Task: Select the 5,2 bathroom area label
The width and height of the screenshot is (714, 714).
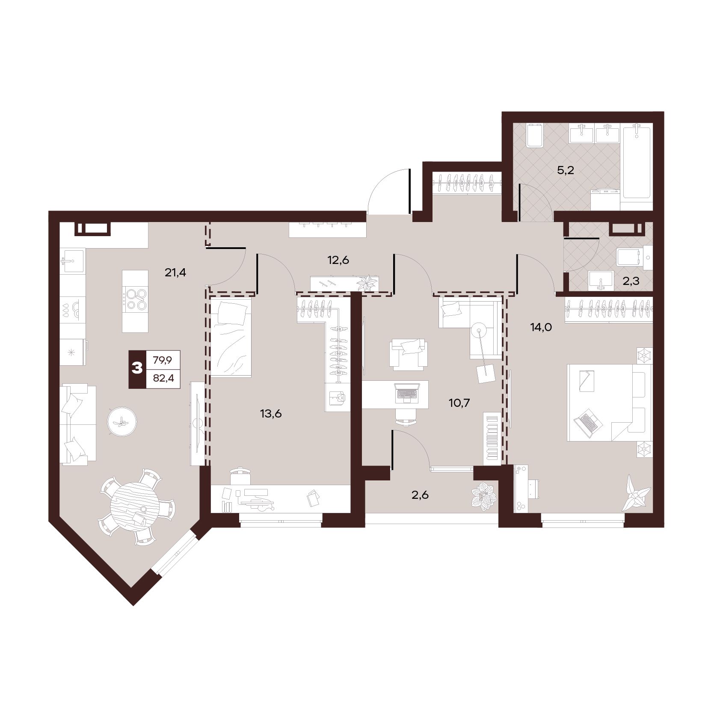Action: [565, 171]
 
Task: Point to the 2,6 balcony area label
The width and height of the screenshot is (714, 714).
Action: [420, 495]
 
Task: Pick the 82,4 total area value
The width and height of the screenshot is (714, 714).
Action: [163, 379]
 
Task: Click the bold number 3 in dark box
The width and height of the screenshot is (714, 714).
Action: [137, 368]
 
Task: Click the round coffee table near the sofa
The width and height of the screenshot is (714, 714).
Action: [122, 421]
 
